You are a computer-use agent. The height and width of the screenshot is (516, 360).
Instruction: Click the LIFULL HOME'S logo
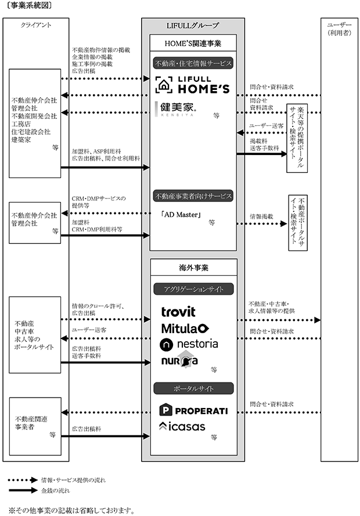click(192, 85)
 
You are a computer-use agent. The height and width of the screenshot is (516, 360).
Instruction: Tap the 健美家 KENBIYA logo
click(175, 109)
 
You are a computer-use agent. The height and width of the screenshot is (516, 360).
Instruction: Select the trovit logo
click(178, 312)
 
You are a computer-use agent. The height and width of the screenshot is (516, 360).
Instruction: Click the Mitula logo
click(185, 328)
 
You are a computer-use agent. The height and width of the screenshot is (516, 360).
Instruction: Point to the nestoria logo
click(189, 344)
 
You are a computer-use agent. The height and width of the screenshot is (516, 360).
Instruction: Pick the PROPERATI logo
click(193, 411)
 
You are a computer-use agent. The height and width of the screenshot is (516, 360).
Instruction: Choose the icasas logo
click(182, 427)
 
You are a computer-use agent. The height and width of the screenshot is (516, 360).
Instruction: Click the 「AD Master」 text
click(181, 215)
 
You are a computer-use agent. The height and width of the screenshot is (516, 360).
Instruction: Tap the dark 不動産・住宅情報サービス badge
click(193, 63)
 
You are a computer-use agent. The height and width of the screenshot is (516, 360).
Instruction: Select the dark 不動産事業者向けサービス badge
click(193, 196)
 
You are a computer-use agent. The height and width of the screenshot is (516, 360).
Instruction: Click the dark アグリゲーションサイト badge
click(193, 289)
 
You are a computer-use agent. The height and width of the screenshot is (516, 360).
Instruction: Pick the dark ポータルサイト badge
click(193, 388)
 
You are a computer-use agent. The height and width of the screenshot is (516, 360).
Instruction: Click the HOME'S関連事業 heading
click(193, 44)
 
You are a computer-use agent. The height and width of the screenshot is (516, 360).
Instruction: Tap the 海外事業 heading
click(193, 268)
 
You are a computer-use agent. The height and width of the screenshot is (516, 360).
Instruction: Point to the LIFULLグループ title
click(193, 26)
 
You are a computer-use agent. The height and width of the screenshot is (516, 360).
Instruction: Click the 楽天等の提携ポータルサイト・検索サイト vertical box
click(297, 138)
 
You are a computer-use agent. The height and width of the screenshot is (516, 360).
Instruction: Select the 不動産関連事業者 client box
click(35, 426)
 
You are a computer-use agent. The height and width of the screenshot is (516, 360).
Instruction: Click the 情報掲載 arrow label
click(262, 216)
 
